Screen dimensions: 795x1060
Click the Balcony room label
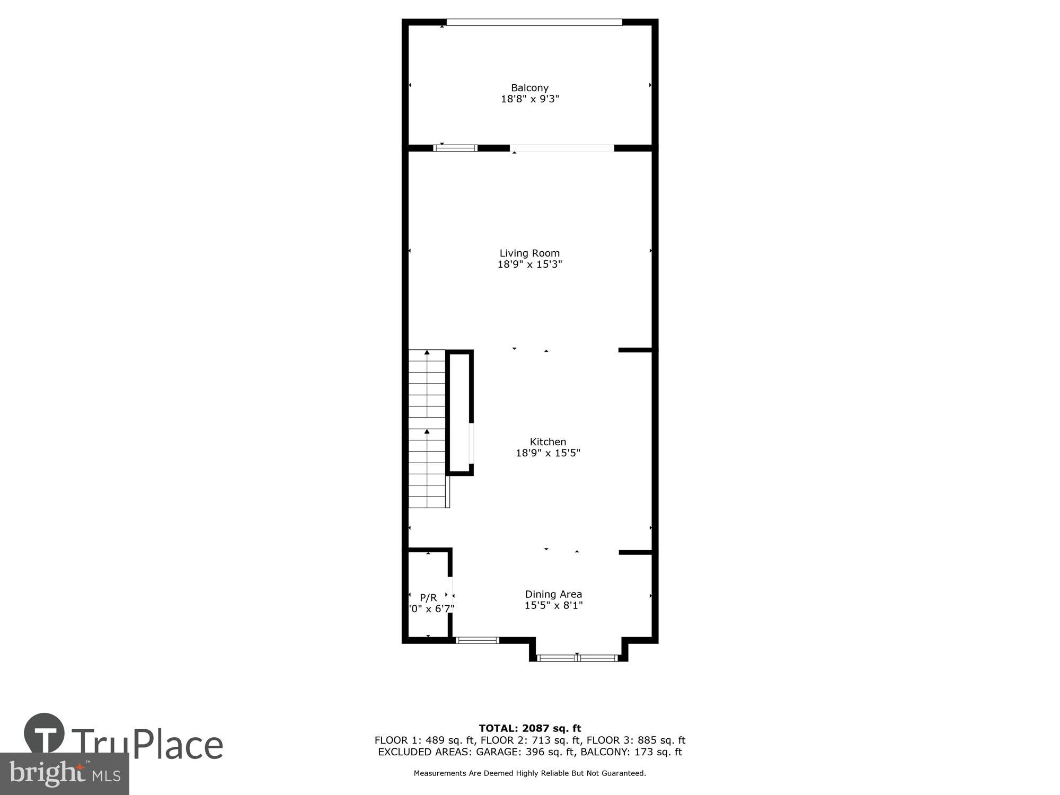[x=529, y=88]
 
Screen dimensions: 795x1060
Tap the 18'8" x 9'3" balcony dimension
[x=529, y=99]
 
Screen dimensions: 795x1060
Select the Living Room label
[x=529, y=253]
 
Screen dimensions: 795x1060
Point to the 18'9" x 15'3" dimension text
[x=529, y=264]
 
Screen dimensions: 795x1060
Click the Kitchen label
[x=547, y=441]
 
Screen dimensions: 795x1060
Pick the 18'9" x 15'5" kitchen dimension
[x=547, y=453]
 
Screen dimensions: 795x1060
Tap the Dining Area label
[x=553, y=594]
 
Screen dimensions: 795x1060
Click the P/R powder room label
[x=428, y=597]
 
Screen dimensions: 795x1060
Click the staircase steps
[x=427, y=429]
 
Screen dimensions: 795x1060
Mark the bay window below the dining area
[x=577, y=658]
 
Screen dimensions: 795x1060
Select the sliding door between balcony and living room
[x=562, y=148]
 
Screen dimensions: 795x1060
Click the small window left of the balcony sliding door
[x=456, y=148]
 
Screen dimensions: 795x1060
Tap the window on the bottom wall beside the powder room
[x=477, y=640]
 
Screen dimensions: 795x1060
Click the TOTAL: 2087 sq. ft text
[x=529, y=728]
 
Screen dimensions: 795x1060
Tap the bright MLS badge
[x=64, y=774]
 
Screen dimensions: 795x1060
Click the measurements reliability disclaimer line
[x=529, y=773]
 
